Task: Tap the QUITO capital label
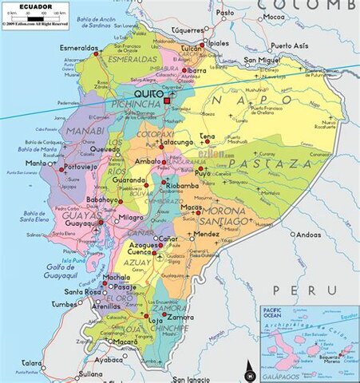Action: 148,94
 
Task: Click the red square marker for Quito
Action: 167,101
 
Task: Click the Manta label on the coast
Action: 34,163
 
